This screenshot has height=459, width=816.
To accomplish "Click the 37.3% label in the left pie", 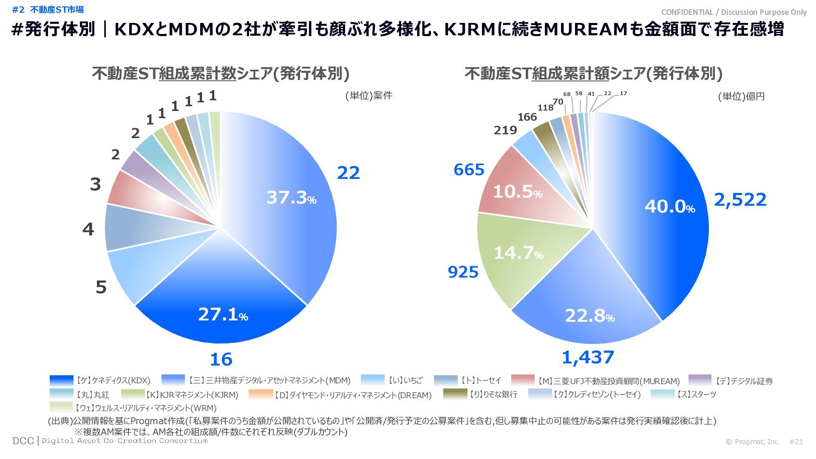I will pyautogui.click(x=291, y=198).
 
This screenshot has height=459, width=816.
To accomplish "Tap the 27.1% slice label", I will pyautogui.click(x=223, y=314).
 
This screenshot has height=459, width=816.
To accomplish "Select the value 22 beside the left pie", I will pyautogui.click(x=348, y=173).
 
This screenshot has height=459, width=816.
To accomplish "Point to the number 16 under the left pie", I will pyautogui.click(x=221, y=360).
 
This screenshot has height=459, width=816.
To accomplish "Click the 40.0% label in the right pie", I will pyautogui.click(x=669, y=207).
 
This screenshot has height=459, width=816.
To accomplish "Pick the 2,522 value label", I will pyautogui.click(x=740, y=199).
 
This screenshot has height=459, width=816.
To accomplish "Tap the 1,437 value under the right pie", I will pyautogui.click(x=588, y=357).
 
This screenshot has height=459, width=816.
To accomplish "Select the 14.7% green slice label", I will pyautogui.click(x=518, y=253).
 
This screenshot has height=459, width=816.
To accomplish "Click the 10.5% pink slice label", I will pyautogui.click(x=517, y=192).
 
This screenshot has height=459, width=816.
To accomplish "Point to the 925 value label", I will pyautogui.click(x=463, y=272).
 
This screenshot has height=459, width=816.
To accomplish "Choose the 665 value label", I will pyautogui.click(x=469, y=170).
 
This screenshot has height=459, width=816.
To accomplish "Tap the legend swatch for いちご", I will pyautogui.click(x=372, y=380).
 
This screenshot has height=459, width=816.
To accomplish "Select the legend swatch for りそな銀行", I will pyautogui.click(x=455, y=394).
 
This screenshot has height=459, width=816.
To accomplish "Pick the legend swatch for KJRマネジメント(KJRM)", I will pyautogui.click(x=133, y=394).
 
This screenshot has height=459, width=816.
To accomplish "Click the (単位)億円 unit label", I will pyautogui.click(x=741, y=96).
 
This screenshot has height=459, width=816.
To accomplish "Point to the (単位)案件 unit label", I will pyautogui.click(x=368, y=96).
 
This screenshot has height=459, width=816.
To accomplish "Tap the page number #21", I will pyautogui.click(x=796, y=442).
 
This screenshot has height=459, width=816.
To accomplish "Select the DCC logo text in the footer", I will pyautogui.click(x=23, y=441).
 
